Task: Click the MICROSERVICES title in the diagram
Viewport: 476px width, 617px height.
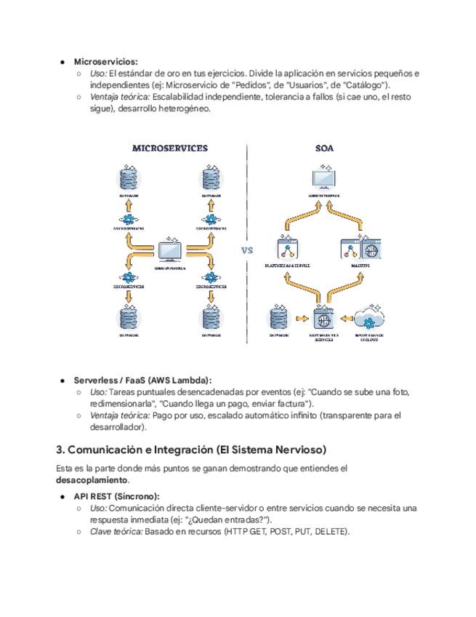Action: click(169, 148)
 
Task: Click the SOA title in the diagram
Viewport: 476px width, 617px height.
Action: click(324, 148)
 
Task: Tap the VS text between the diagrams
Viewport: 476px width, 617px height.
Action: click(247, 250)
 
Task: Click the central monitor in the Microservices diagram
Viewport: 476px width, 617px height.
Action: click(170, 250)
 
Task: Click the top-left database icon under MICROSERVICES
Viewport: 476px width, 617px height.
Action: click(129, 178)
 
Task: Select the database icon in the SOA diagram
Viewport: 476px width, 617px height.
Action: click(279, 319)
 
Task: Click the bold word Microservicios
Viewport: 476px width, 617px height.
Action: click(105, 62)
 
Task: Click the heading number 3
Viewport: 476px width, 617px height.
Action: click(60, 448)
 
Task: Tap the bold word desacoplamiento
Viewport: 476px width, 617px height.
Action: click(92, 481)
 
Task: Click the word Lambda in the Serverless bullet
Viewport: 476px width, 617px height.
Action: click(193, 380)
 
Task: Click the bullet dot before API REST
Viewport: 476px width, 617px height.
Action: click(63, 496)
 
